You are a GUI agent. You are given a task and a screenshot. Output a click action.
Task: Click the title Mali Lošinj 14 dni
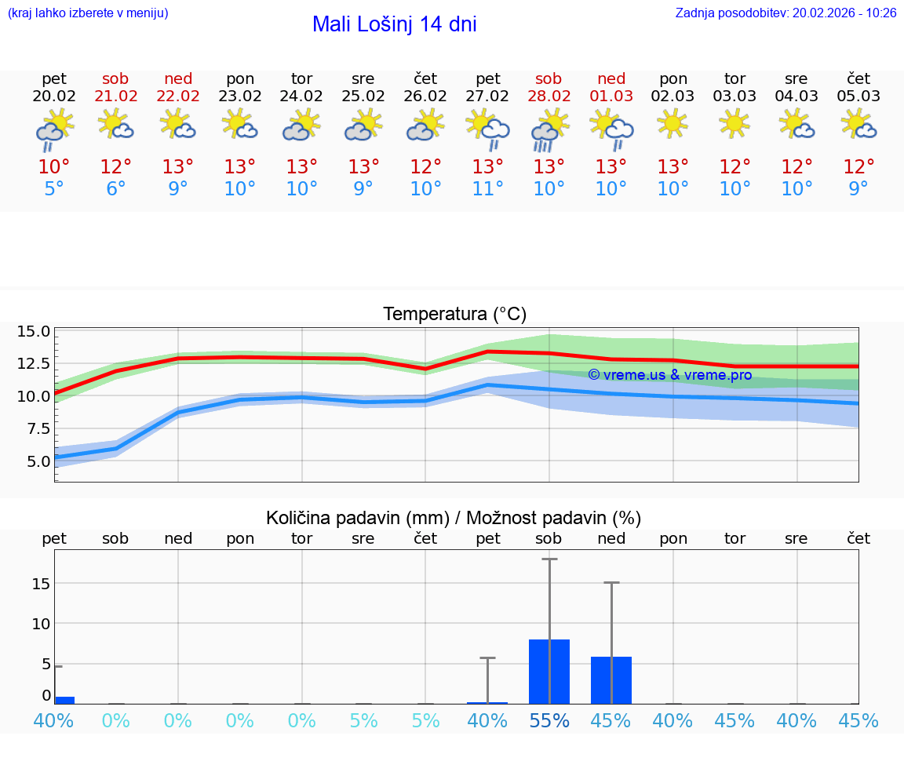click(x=394, y=24)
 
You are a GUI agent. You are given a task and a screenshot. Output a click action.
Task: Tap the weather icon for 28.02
click(x=549, y=129)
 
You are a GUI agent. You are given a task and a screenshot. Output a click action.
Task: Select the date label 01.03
click(x=611, y=97)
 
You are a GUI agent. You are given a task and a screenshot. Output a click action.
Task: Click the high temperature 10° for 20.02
click(x=54, y=167)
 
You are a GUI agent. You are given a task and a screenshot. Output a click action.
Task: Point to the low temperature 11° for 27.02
click(x=487, y=188)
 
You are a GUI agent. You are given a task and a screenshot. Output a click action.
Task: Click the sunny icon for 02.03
click(x=673, y=123)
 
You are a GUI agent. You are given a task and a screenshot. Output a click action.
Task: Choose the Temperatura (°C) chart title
click(x=454, y=315)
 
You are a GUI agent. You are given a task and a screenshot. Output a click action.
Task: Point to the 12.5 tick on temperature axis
click(x=33, y=364)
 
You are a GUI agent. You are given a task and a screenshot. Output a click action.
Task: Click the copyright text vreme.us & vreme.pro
click(x=669, y=375)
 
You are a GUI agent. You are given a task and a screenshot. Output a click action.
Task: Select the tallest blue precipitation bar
click(x=549, y=672)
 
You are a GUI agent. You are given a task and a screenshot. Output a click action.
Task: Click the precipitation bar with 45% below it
click(x=611, y=680)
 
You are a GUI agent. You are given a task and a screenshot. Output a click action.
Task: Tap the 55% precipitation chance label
click(x=549, y=720)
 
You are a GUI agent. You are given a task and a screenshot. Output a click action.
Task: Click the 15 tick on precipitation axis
click(x=41, y=583)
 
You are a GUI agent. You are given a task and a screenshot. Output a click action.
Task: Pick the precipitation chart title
click(x=454, y=518)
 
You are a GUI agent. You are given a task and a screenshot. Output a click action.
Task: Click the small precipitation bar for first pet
click(x=64, y=700)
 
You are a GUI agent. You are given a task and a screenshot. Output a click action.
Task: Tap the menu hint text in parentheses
click(x=88, y=13)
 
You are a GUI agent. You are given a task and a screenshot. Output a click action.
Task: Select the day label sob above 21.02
click(x=115, y=78)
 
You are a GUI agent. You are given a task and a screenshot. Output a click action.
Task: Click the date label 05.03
click(x=858, y=97)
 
